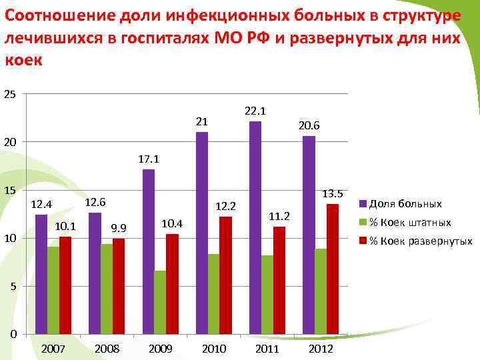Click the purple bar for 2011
coord(255,227)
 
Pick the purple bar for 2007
coord(41,273)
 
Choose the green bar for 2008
coord(106,289)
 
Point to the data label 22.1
coord(255,111)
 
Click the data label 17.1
coord(149,159)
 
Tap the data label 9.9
coord(119,229)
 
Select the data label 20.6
coord(309,125)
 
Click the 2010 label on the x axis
coord(214,349)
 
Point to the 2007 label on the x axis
coord(53,349)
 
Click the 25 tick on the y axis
coord(10,94)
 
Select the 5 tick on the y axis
coord(13,286)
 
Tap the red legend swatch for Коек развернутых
coord(363,241)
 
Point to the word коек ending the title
coord(23,60)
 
